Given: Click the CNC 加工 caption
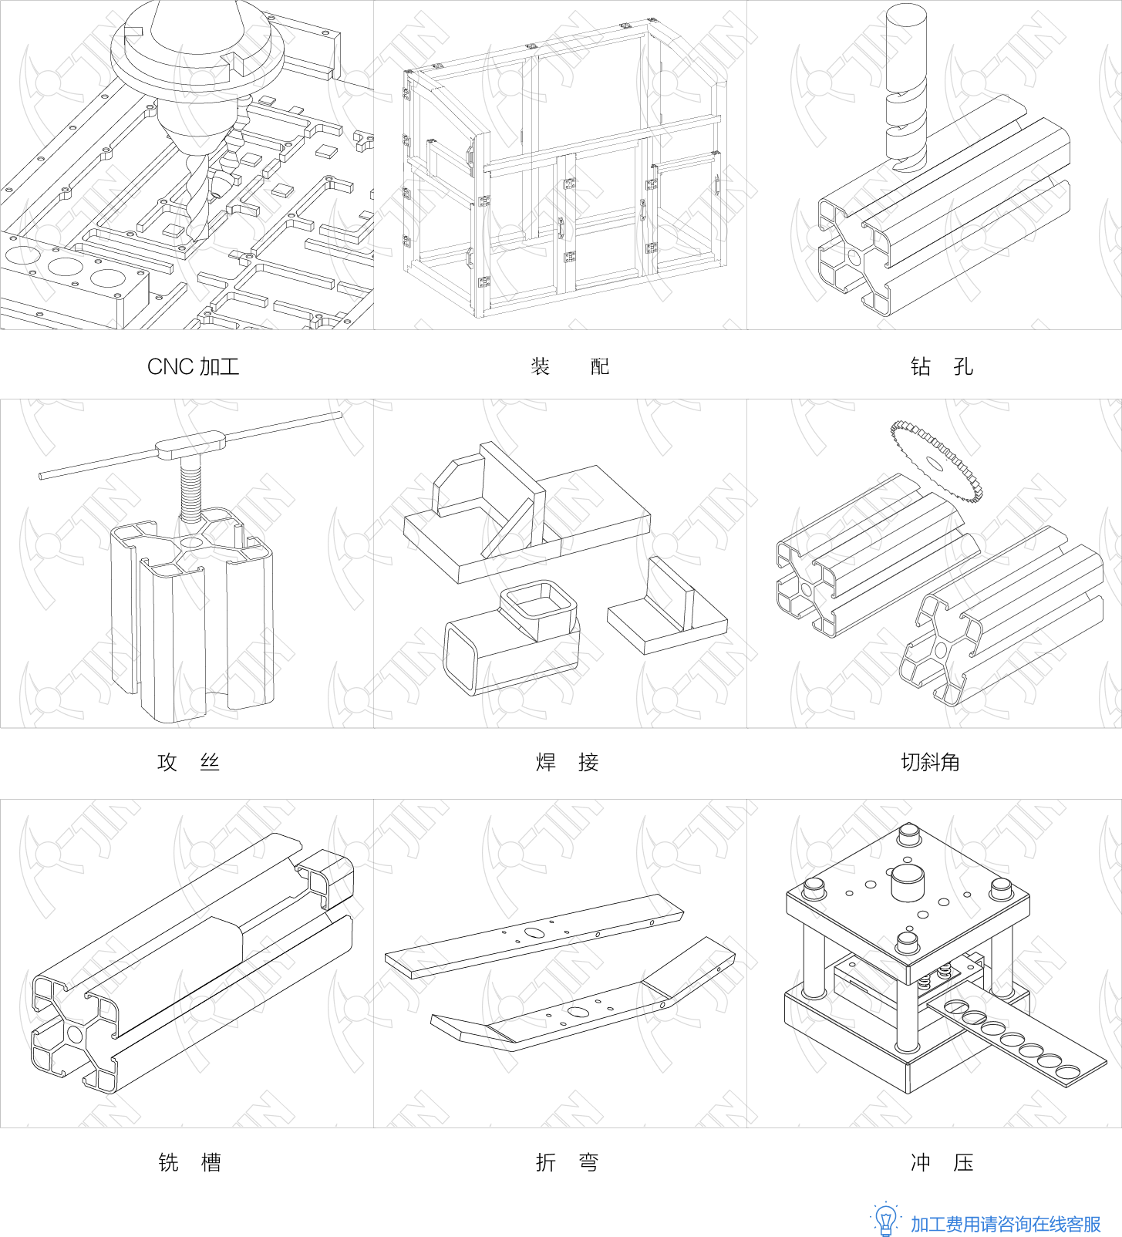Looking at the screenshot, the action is (193, 366).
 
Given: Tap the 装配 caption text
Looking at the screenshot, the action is (570, 366).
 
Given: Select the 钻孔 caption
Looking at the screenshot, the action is (942, 366).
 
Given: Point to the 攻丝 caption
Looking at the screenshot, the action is (189, 762).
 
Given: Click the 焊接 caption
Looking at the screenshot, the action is (568, 762).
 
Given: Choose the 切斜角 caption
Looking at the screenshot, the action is (931, 762).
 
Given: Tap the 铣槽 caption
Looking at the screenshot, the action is (190, 1162).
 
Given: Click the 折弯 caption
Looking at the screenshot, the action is (568, 1162).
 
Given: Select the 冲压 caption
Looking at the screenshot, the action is (942, 1162).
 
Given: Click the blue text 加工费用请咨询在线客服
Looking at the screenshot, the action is (1006, 1224).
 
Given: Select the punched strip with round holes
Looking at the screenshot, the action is (1016, 1039).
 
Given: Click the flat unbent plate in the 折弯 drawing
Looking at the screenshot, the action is (534, 936).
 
